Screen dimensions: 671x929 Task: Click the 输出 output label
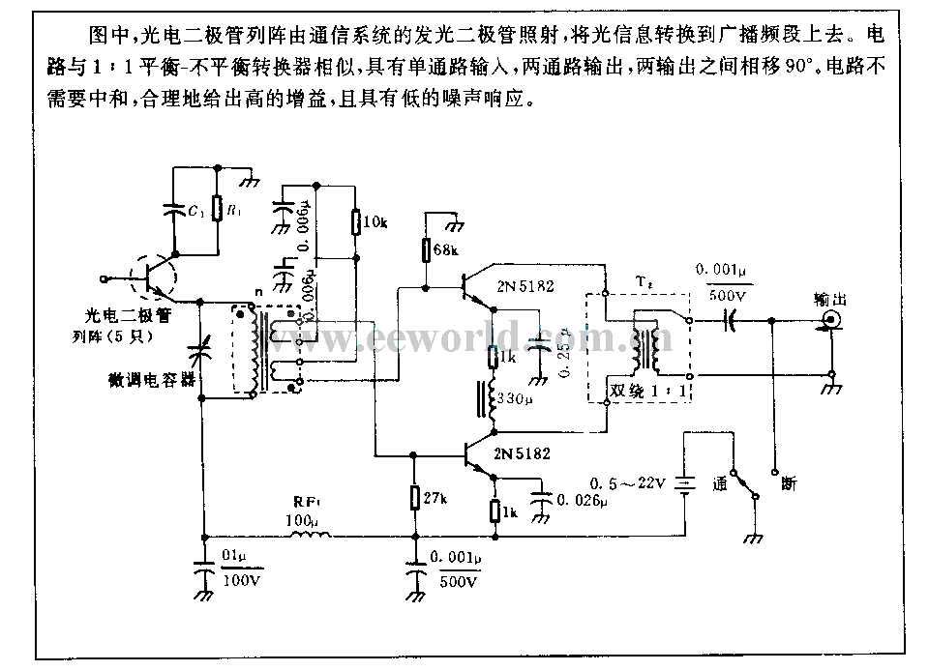click(x=829, y=299)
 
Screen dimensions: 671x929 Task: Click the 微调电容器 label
click(x=152, y=380)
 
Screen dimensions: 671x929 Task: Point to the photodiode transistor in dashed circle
click(x=153, y=277)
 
